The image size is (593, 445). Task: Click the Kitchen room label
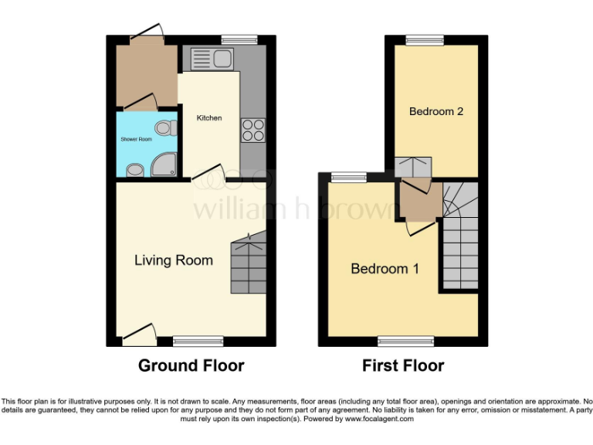(209, 118)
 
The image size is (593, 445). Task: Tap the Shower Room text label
(136, 139)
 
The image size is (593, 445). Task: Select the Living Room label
(174, 260)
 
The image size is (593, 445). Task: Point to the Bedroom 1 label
(385, 269)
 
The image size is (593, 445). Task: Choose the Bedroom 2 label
(436, 111)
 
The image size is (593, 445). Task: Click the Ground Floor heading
(191, 365)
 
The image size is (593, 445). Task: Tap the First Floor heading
(403, 365)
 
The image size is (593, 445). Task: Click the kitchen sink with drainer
(211, 59)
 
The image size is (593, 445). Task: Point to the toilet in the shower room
(163, 127)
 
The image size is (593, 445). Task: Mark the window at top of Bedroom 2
(426, 39)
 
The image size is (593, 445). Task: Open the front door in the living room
(139, 334)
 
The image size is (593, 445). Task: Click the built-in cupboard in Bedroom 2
(413, 168)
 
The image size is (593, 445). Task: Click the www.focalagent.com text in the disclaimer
(378, 419)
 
